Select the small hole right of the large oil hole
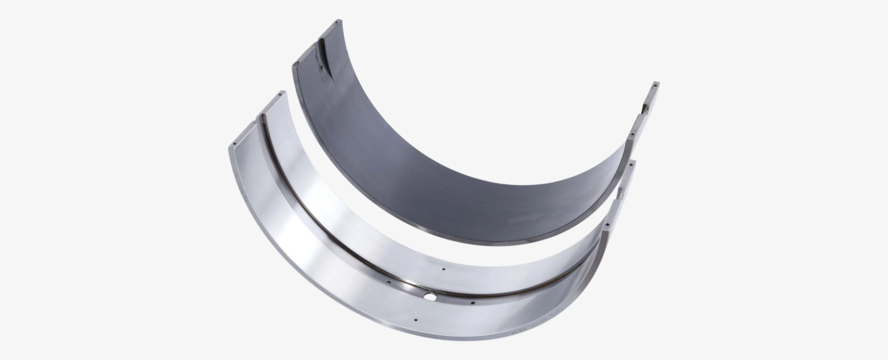[473, 302]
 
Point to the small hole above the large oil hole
[443, 269]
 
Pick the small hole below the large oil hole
[415, 320]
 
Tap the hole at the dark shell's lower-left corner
[296, 66]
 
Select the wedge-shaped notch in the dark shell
[322, 57]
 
